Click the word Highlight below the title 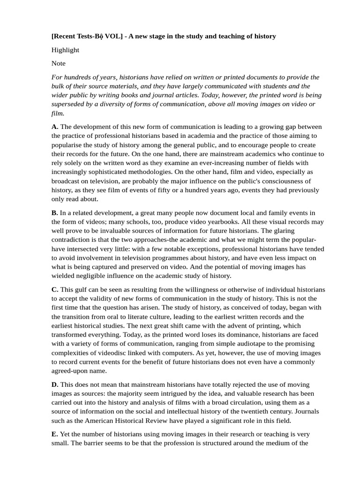click(x=65, y=50)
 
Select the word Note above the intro click(x=59, y=63)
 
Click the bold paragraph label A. click(x=55, y=127)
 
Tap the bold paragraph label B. click(x=54, y=212)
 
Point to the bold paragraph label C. click(x=55, y=290)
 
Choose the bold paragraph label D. click(x=55, y=384)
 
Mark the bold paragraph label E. click(x=54, y=434)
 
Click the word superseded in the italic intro click(x=69, y=104)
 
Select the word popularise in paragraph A click(x=68, y=145)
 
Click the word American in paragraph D click(x=98, y=420)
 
